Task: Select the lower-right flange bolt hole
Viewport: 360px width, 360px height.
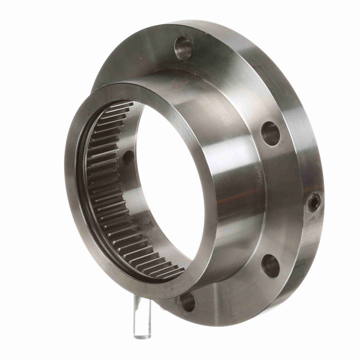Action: pos(271,265)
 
